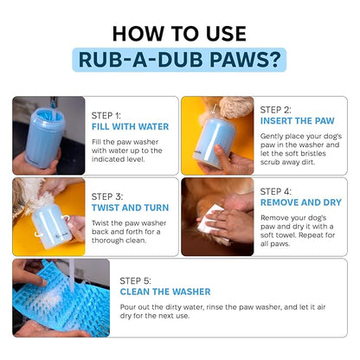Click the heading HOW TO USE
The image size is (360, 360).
coord(179,34)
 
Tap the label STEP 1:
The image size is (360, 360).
coord(106,115)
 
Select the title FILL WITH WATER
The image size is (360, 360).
coord(130,126)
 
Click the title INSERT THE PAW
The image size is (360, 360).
coord(298,121)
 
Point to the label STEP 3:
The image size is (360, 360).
coord(107,196)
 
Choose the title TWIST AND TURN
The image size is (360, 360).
coord(130,208)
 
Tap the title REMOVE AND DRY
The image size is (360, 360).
coord(301,202)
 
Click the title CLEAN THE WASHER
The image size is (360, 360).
coord(165,292)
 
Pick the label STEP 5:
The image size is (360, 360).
coord(135,280)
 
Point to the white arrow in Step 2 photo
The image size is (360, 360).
coord(214,109)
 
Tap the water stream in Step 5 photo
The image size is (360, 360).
coord(71,274)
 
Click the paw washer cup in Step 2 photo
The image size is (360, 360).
coord(215,141)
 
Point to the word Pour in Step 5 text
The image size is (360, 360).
coord(127,307)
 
